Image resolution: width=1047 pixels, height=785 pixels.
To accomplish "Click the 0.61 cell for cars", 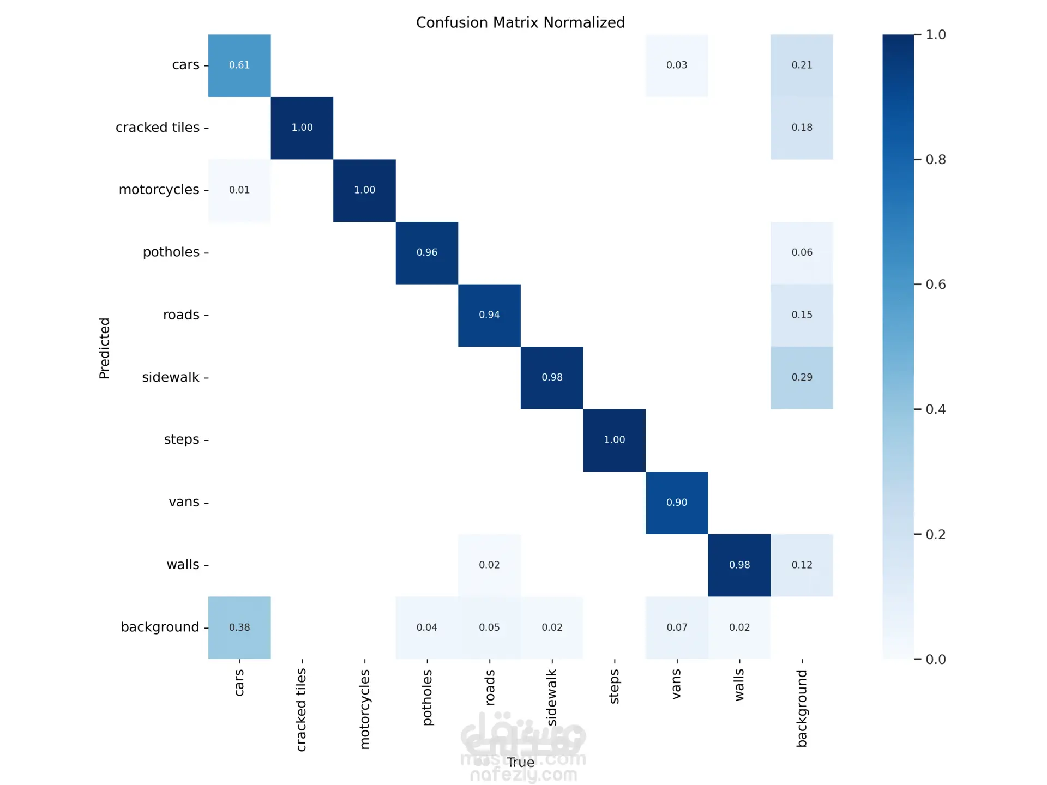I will pos(239,65).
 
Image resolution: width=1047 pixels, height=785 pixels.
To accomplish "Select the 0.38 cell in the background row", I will pos(239,627).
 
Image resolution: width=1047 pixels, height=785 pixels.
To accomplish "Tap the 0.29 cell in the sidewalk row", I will pos(802,377).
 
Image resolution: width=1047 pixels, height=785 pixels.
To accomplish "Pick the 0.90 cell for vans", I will pos(677,503).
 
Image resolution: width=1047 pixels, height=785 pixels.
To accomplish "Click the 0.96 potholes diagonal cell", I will pos(427,252).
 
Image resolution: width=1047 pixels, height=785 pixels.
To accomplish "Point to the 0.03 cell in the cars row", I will pos(677,65).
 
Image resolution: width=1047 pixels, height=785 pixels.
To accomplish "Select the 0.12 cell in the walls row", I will pos(802,565).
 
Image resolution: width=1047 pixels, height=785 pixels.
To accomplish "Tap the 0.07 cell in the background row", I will pos(677,627).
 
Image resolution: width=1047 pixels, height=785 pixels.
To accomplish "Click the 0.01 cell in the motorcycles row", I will pos(239,190).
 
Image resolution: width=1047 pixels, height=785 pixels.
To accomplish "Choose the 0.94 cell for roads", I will pos(489,315).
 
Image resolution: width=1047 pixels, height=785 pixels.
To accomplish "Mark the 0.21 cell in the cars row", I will pos(802,65).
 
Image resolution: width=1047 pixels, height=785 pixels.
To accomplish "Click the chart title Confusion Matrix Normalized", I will pos(520,23).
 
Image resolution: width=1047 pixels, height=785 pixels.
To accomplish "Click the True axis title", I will pos(520,762).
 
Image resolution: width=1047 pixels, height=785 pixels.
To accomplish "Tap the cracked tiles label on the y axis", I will pos(158,128).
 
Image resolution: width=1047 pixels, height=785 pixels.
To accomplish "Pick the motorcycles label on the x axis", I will pos(365,709).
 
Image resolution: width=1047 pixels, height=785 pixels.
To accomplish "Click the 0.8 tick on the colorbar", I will pos(936,160).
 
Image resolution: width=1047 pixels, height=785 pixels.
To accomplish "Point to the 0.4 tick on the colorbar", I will pos(936,409).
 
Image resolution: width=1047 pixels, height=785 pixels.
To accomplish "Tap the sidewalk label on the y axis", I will pos(171,377).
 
